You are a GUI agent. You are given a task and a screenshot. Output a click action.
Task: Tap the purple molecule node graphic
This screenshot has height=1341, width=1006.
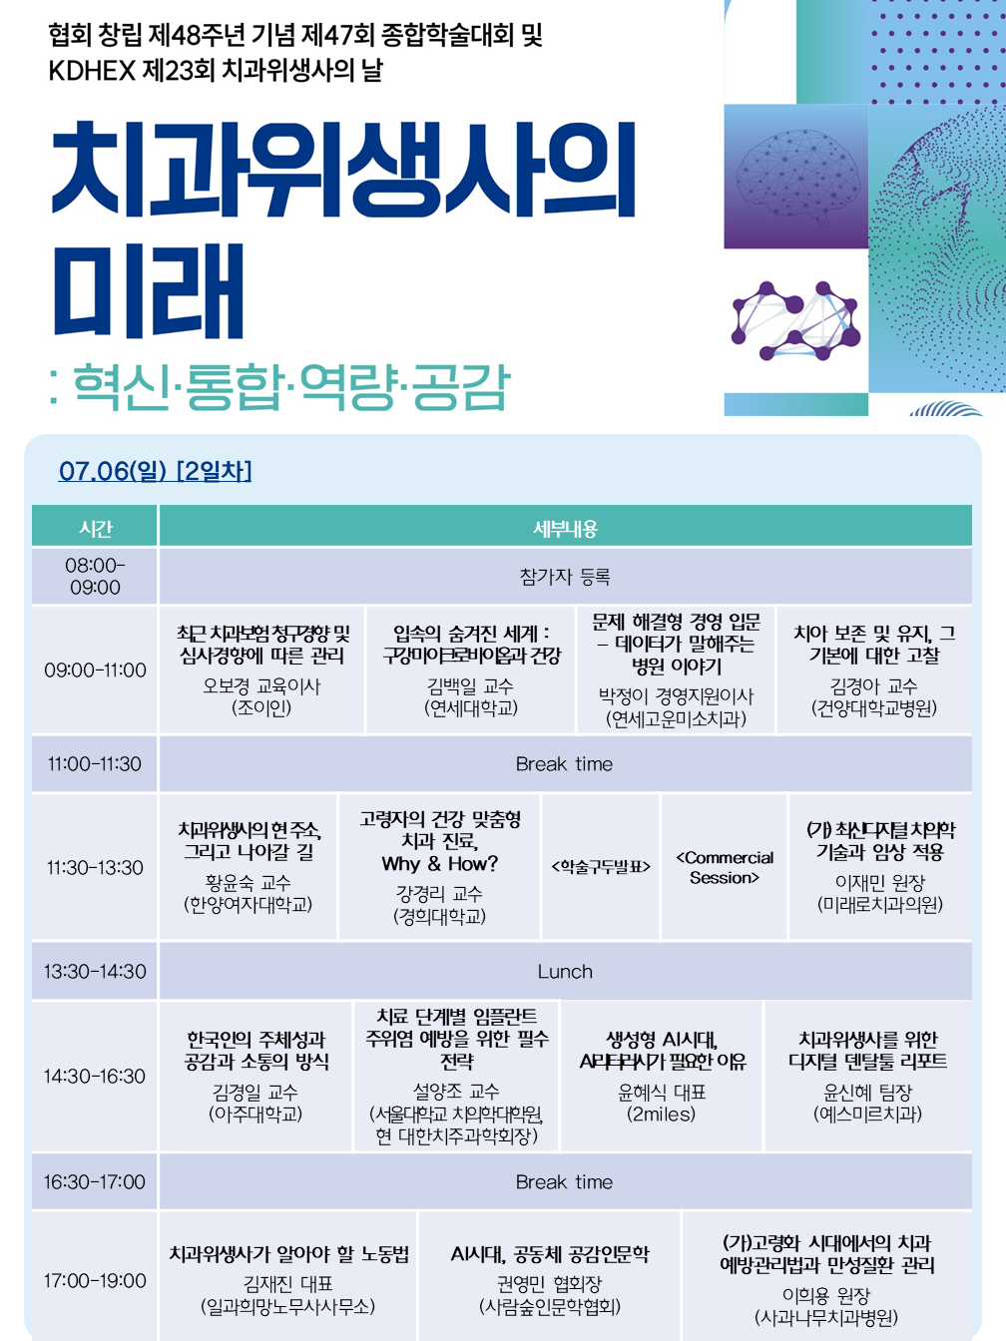coord(795,320)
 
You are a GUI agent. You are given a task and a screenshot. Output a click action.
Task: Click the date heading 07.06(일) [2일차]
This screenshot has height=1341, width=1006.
coord(155,471)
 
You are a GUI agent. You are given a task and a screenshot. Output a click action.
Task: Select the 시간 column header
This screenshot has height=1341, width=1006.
coord(95,528)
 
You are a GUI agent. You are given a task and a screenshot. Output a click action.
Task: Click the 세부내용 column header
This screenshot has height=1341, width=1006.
coord(565,528)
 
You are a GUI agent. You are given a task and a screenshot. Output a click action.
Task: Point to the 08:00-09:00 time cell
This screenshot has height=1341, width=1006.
coord(95,576)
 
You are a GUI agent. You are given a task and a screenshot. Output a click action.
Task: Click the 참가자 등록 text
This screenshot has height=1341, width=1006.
coord(565,576)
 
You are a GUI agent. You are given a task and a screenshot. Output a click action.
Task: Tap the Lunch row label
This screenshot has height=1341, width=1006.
coord(565,971)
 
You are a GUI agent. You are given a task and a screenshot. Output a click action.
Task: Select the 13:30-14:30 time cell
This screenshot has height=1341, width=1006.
coord(95,971)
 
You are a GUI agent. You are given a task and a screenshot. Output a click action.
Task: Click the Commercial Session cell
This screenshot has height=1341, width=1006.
coord(725,867)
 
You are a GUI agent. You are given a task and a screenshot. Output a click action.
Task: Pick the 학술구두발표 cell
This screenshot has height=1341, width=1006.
coord(601,866)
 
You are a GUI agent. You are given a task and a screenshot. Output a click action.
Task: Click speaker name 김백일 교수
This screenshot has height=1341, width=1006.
coord(470,686)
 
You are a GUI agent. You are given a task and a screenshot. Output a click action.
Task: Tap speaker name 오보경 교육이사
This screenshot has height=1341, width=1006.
coord(261,686)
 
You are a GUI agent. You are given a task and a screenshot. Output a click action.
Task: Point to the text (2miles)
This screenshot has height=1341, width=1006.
coord(661,1114)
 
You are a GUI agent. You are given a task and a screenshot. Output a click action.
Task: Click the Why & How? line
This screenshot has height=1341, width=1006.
coord(440,863)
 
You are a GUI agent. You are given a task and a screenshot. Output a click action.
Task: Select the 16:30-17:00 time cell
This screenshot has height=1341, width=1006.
coord(95,1181)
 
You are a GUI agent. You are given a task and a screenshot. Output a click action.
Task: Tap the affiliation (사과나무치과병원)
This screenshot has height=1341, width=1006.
coord(826,1317)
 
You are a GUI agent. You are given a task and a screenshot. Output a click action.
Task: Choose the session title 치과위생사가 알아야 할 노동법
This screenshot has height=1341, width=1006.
coord(288,1254)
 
